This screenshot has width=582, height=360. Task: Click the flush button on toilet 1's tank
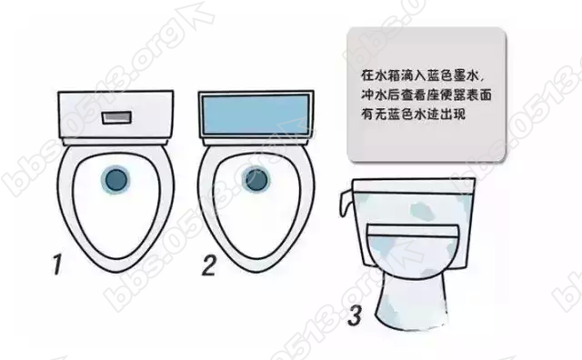pos(116,117)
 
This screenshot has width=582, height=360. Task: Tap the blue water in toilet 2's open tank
pos(256,114)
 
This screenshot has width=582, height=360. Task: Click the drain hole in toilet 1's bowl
pos(115,180)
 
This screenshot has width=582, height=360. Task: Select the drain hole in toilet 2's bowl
pos(256,180)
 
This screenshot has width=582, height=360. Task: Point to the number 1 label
pos(57,265)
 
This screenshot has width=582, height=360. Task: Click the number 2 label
pos(208,265)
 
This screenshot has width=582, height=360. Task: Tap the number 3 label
pos(355,315)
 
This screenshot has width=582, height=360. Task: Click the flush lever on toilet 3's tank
pos(345,204)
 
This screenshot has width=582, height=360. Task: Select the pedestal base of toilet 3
pos(411,301)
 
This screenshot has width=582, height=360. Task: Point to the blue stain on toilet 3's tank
pos(422,211)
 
